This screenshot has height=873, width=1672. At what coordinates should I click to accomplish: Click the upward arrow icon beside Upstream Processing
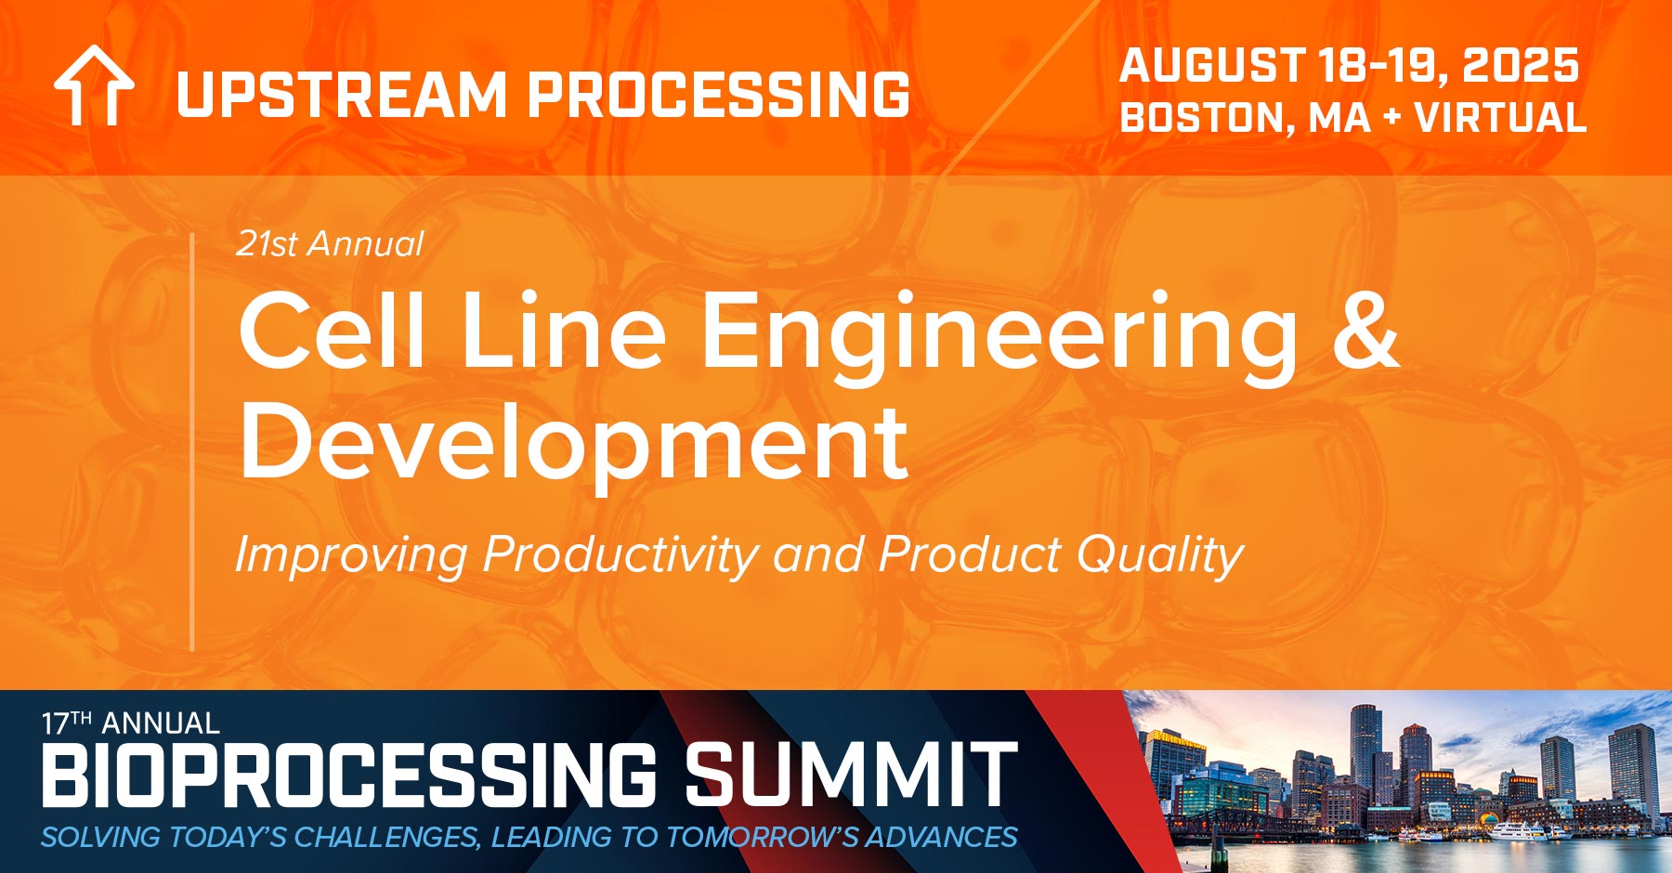(x=94, y=85)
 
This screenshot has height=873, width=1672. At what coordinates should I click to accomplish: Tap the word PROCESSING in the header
(x=719, y=95)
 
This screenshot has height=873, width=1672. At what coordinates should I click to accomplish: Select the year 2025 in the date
(x=1520, y=66)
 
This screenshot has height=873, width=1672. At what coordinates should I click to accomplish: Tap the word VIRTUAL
(x=1500, y=118)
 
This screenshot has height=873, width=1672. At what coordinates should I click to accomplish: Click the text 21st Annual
(x=330, y=244)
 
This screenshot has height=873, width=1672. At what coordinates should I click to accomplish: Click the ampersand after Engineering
(x=1365, y=330)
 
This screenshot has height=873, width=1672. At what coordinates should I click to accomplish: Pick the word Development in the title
(x=573, y=443)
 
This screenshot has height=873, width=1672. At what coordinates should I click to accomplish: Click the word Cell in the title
(x=332, y=330)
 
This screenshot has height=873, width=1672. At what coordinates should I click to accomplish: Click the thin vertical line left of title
(x=192, y=441)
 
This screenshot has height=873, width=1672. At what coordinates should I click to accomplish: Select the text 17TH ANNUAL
(x=130, y=723)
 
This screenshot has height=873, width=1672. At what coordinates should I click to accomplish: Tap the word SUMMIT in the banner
(x=851, y=775)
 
